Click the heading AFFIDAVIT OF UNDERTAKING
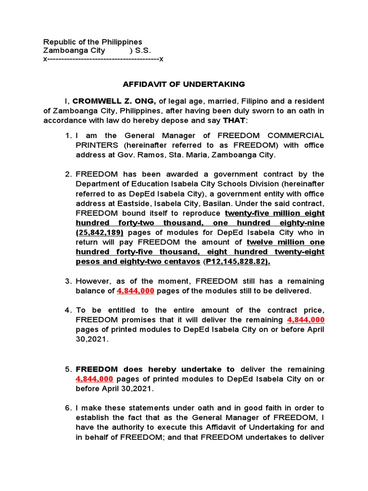[x=184, y=84]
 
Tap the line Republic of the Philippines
[x=93, y=42]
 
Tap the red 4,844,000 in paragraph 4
[x=305, y=320]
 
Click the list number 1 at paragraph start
[x=68, y=136]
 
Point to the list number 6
[x=68, y=408]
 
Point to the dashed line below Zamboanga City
[x=103, y=59]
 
